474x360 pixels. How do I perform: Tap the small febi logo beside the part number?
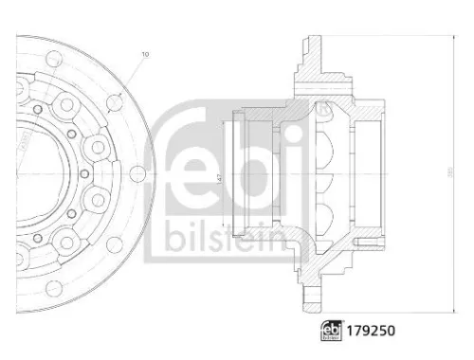(334, 333)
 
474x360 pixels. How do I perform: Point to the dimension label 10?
(145, 55)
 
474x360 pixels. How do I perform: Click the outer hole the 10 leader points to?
(116, 101)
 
